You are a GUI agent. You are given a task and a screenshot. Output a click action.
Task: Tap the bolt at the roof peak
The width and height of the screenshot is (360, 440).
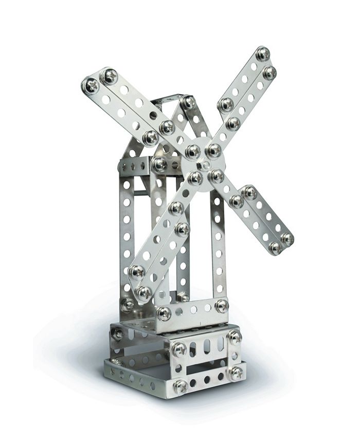click(x=188, y=102)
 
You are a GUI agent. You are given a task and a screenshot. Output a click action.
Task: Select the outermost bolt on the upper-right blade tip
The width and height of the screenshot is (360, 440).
click(x=263, y=54)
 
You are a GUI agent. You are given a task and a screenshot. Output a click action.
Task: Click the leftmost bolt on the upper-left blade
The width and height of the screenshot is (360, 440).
click(x=91, y=85)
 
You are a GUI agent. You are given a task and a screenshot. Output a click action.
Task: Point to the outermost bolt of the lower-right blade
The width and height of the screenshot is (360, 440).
click(x=287, y=239)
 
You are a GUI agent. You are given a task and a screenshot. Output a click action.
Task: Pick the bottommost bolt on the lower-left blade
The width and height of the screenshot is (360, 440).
click(x=143, y=293)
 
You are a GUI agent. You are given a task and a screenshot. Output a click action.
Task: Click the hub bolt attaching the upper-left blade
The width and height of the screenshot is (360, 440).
click(x=193, y=151)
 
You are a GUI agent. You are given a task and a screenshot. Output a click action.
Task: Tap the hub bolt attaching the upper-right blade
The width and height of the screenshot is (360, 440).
click(x=213, y=150)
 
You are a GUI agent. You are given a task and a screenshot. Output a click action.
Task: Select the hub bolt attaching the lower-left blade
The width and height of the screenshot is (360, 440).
click(x=195, y=178)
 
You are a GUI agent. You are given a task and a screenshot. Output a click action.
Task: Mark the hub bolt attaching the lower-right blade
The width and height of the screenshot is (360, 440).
click(x=217, y=176)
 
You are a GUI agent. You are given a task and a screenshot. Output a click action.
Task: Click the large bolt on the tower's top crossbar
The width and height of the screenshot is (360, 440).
click(x=159, y=165)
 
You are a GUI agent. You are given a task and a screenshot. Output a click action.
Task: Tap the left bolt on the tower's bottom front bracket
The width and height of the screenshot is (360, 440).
click(x=164, y=313)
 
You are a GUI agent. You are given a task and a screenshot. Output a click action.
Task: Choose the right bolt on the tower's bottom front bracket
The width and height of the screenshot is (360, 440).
click(x=221, y=306)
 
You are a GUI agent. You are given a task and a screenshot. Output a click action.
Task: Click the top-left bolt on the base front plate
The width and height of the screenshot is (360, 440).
click(x=179, y=349)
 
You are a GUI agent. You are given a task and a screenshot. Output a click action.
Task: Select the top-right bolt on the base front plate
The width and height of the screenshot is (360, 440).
click(x=235, y=338)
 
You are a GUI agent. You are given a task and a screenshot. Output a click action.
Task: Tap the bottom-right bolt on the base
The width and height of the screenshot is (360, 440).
click(x=236, y=373)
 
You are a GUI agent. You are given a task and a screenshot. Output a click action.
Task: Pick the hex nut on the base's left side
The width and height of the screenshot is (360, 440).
click(x=118, y=333)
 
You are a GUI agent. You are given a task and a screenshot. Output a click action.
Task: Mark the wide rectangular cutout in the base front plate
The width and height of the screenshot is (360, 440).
click(x=206, y=366)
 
